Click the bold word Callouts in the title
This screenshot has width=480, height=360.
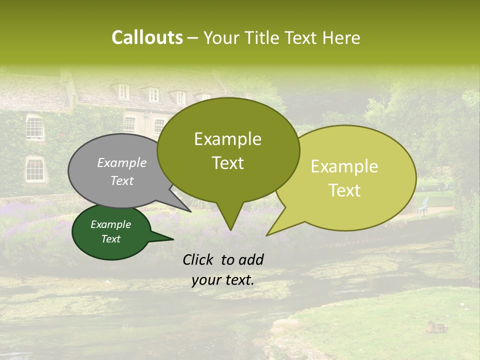147,37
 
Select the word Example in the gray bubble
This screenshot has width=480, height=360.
122,162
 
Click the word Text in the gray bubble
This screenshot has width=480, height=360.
122,180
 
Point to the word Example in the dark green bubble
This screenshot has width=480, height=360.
111,224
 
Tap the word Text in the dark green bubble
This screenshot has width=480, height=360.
111,239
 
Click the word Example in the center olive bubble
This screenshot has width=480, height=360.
227,139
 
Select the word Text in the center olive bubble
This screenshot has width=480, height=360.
227,163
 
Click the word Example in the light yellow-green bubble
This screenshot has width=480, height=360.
344,166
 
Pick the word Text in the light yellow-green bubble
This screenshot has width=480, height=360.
344,190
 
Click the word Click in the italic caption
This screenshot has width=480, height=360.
199,259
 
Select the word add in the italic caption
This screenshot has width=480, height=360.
251,259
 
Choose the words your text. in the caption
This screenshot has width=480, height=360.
223,280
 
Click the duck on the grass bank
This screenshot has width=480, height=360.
436,327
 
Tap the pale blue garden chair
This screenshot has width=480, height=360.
423,206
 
